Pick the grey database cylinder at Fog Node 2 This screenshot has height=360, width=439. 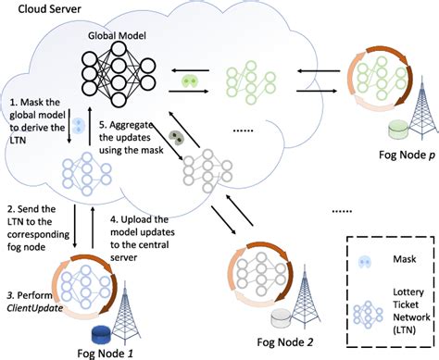click(276, 318)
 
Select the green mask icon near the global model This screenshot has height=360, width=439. click(190, 81)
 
